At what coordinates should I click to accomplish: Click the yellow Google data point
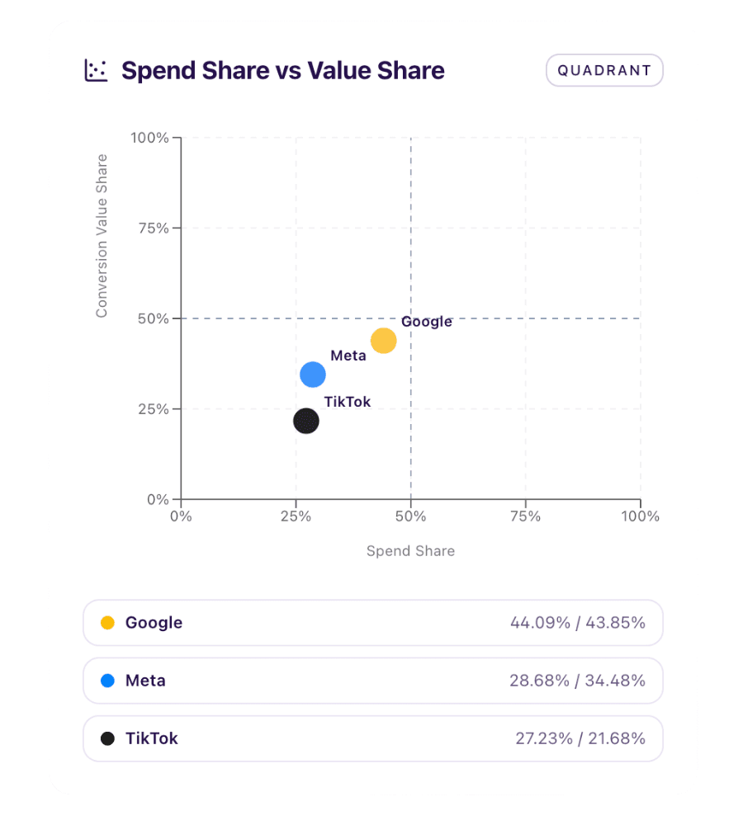(383, 341)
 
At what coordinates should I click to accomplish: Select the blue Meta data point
(313, 375)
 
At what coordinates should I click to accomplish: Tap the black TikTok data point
(306, 421)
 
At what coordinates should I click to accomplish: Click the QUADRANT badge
(604, 70)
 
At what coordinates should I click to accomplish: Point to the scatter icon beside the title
(97, 70)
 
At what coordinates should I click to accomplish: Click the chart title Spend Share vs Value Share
(282, 71)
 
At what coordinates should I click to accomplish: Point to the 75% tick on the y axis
(152, 228)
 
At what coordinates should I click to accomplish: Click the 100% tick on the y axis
(149, 137)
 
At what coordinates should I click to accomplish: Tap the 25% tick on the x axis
(296, 516)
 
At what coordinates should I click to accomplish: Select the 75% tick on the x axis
(525, 516)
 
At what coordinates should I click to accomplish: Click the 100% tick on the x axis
(641, 516)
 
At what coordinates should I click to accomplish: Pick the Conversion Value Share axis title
(102, 235)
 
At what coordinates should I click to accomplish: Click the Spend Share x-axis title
(410, 551)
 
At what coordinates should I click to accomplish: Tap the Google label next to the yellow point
(427, 322)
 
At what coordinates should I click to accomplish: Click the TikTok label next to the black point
(348, 402)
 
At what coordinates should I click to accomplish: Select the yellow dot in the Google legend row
(107, 623)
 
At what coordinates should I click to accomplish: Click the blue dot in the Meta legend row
(107, 681)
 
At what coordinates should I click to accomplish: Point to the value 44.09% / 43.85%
(578, 623)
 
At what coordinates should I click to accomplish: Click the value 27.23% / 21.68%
(580, 738)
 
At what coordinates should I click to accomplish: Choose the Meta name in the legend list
(145, 681)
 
